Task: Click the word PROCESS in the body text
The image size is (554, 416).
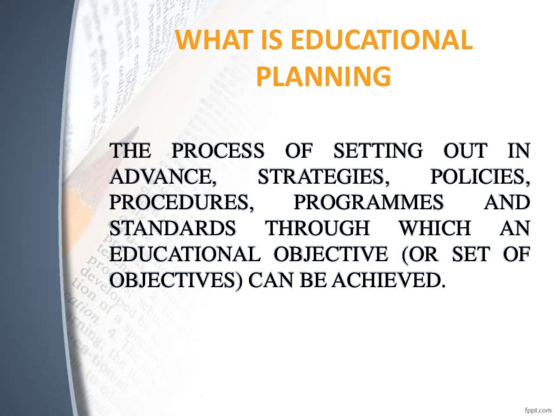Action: pos(219,151)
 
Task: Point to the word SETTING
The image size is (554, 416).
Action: pos(378,151)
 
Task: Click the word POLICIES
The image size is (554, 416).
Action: pos(478,177)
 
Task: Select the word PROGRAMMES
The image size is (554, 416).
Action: pos(368,203)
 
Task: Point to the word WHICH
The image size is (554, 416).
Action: pos(434,229)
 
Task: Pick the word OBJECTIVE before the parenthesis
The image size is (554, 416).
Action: pos(331,255)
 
